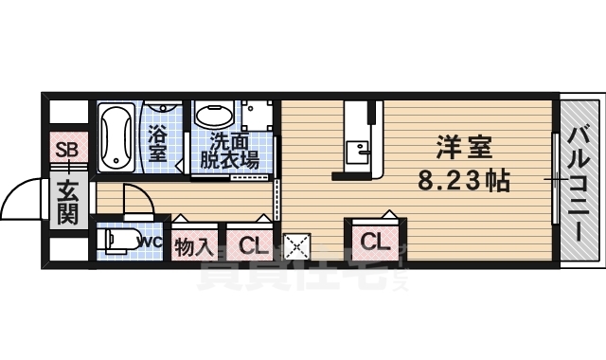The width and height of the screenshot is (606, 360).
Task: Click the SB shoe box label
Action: [65, 149]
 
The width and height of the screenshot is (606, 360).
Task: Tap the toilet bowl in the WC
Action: [121, 241]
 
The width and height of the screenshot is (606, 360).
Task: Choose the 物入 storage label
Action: [193, 247]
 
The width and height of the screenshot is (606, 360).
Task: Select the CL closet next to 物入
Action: [251, 246]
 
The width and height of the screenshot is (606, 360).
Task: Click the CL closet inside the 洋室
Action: [374, 242]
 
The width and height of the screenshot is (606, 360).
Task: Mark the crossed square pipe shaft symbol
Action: [297, 247]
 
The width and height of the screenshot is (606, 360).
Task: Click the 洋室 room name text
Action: [463, 150]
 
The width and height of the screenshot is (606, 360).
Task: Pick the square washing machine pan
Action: [255, 117]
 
